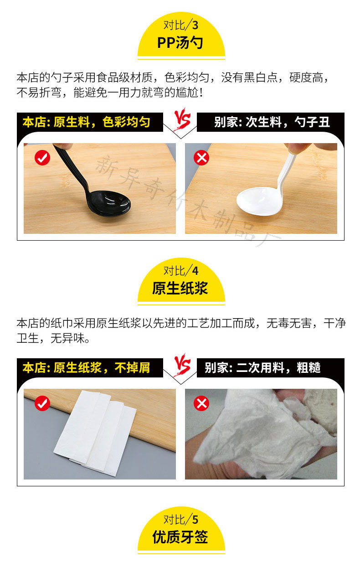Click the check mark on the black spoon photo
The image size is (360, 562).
point(42,158)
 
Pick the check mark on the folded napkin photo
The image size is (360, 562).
point(42,403)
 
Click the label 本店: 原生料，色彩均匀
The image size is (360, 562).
point(87,122)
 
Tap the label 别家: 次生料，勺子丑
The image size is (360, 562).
point(272,122)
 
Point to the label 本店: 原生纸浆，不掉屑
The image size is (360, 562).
point(87,367)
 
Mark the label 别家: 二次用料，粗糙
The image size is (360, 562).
point(263,367)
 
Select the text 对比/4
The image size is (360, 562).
point(181,271)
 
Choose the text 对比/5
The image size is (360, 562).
point(181,519)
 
